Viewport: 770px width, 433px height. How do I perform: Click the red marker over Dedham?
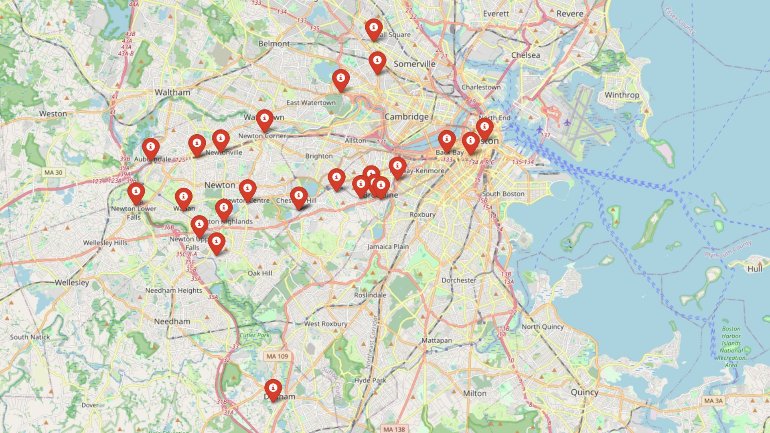tap(273, 389)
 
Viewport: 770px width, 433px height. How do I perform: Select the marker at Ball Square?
tap(373, 29)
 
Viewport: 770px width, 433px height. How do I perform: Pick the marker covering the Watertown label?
tap(265, 120)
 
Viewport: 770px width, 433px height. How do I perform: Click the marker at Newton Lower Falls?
tap(136, 193)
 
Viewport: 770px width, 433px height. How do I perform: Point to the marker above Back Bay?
tap(447, 140)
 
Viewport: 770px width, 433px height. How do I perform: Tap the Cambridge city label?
tap(406, 117)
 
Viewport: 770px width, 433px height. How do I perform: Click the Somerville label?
tap(414, 64)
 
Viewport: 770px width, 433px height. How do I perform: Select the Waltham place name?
tap(172, 92)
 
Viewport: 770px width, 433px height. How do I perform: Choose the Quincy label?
tap(584, 392)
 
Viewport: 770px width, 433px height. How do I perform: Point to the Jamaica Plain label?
tap(388, 247)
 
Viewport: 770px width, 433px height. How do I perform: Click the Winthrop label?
tap(622, 95)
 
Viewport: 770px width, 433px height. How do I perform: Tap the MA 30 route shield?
tap(53, 172)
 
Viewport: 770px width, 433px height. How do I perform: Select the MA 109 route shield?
tap(277, 356)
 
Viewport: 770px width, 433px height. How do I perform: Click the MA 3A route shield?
tap(713, 401)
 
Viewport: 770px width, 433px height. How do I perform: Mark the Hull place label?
tap(754, 269)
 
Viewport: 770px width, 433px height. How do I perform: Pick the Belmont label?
tap(274, 43)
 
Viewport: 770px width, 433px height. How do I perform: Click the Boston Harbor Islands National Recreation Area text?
tap(731, 347)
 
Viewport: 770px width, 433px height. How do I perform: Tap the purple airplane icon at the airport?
tap(567, 122)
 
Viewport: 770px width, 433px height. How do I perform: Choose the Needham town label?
tap(172, 321)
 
